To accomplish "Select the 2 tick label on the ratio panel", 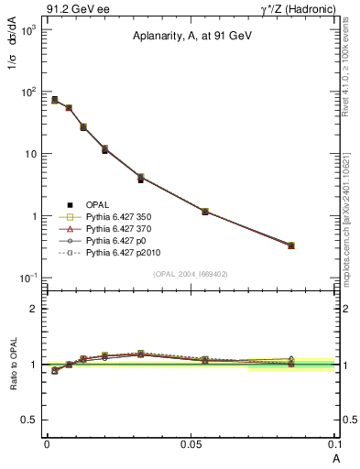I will pyautogui.click(x=33, y=309).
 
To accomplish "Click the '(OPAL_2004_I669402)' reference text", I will pyautogui.click(x=191, y=274).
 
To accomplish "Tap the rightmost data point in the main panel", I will pyautogui.click(x=290, y=245).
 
